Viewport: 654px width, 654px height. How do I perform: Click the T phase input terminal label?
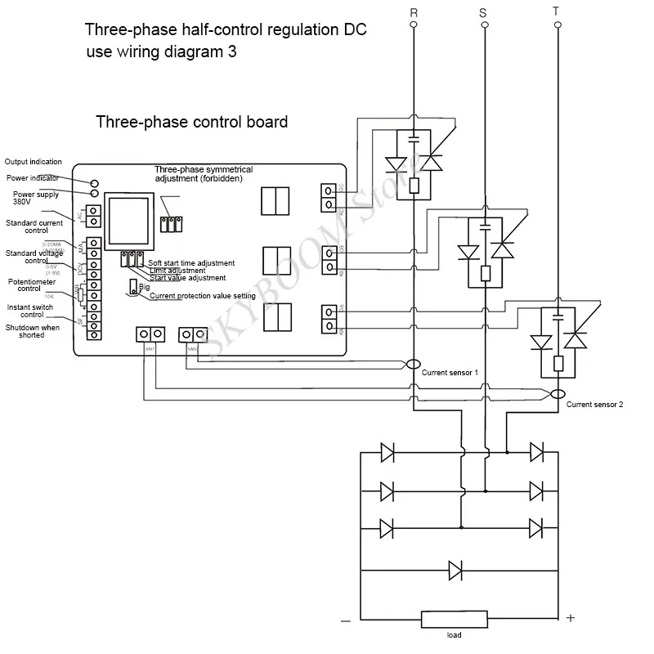tap(558, 11)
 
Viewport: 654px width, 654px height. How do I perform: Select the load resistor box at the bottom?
tap(454, 619)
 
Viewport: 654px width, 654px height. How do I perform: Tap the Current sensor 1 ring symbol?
tap(414, 363)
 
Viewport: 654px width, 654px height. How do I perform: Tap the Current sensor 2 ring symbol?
tap(558, 394)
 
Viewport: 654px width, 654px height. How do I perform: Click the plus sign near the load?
tap(571, 619)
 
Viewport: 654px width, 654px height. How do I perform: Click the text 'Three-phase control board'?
tap(191, 123)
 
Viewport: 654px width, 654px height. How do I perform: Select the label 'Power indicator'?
tap(33, 177)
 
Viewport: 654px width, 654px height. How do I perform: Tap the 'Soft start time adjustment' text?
tap(191, 263)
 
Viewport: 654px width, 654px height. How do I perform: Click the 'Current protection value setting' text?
tap(202, 296)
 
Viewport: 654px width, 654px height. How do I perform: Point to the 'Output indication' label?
tap(34, 162)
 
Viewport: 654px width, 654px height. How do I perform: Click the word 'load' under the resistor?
tap(454, 636)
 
